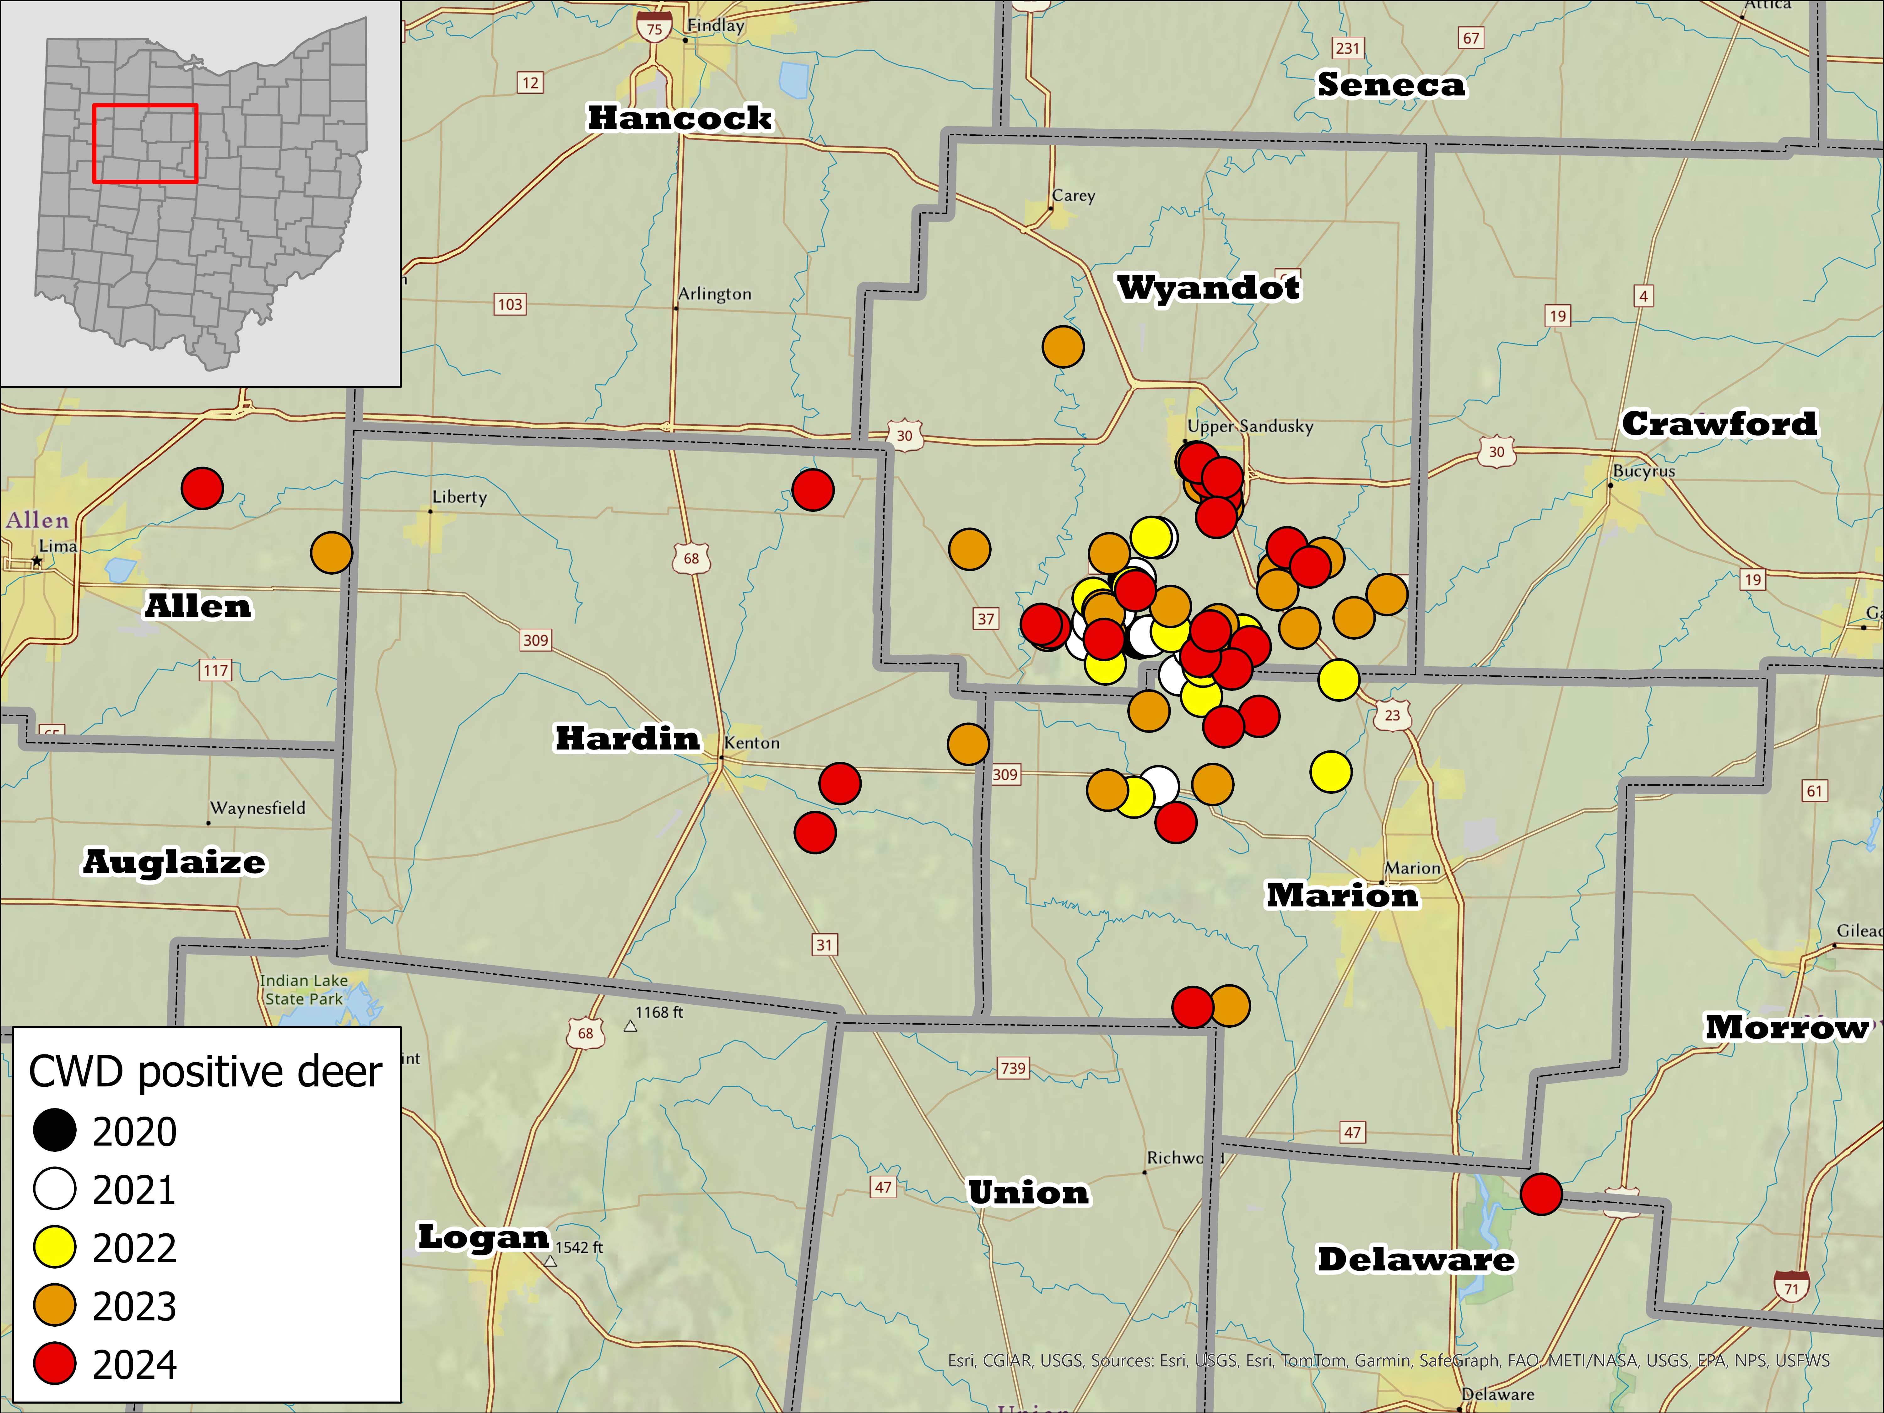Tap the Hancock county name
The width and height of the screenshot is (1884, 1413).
click(x=680, y=117)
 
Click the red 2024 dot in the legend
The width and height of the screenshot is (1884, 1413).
click(x=55, y=1364)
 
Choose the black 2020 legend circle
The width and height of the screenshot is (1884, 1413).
click(x=55, y=1131)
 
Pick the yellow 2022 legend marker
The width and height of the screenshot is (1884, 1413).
click(x=55, y=1248)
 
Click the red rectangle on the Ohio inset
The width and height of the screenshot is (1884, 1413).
click(x=145, y=143)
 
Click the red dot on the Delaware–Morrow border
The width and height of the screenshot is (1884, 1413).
click(x=1541, y=1193)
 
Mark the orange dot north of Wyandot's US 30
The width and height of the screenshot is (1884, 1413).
click(x=1063, y=347)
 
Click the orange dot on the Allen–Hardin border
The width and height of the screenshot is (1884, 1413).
click(x=331, y=553)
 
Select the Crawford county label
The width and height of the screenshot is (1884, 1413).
click(x=1719, y=423)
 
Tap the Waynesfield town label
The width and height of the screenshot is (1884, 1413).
click(x=257, y=807)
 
